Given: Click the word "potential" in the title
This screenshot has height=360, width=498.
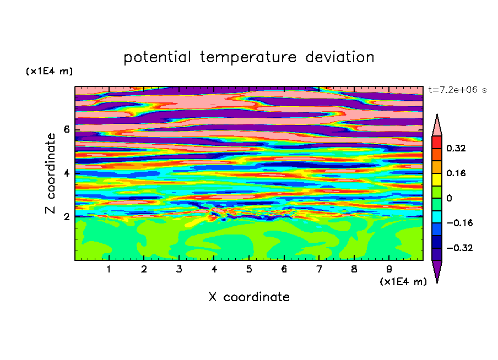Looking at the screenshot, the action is pos(158,58).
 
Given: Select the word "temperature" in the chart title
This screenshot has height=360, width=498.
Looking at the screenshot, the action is pos(248,57).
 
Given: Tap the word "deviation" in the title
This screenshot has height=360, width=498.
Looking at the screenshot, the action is pos(340,57).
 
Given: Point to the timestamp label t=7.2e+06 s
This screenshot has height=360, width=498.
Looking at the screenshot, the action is pos(457,90).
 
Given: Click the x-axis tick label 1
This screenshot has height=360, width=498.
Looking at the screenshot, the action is pos(109,269).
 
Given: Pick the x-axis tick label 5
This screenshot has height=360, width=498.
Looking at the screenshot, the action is pos(249,269).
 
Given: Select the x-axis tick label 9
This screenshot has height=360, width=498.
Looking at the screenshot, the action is pos(389,269).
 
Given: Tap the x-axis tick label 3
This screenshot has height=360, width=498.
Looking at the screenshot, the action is pos(179,269).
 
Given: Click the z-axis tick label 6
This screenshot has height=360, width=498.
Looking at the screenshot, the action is pos(66,129).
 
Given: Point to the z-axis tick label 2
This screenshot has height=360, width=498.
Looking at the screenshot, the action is pos(66,216).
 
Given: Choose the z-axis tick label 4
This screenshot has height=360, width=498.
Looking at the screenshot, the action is pos(66,173).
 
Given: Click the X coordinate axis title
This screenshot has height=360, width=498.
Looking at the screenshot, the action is pos(249,297).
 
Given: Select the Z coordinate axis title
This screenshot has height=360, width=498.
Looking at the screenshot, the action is pos(51,173).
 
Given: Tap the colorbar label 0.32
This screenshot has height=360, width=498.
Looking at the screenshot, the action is pos(456,148).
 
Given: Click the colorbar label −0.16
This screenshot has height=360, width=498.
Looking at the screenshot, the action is pos(459,223).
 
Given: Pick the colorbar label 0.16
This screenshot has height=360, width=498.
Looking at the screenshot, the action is pos(456,173).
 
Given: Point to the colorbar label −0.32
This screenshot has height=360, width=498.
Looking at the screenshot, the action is pos(459,248).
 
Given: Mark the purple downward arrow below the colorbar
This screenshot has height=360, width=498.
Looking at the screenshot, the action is pos(437,270).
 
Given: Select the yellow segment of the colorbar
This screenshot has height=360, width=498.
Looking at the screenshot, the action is pos(437,179).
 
